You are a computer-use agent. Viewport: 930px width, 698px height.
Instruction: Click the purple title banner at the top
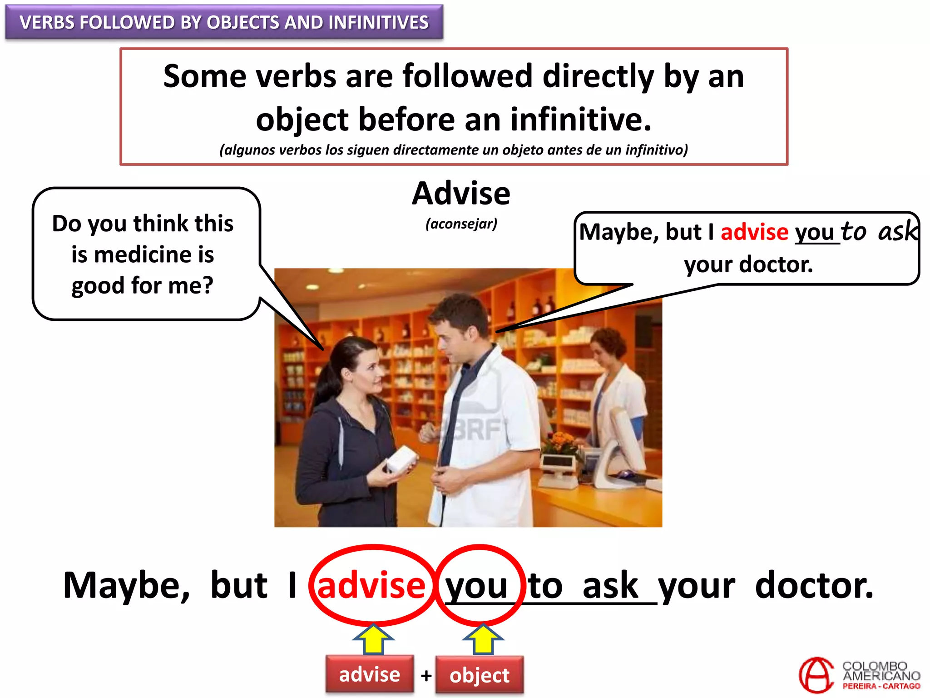click(224, 22)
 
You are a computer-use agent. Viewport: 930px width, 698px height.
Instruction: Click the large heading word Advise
click(461, 194)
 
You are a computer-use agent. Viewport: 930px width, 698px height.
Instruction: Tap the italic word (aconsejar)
click(461, 224)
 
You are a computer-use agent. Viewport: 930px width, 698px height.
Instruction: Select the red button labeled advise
click(370, 674)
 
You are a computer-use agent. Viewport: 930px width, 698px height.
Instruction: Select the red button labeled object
click(479, 675)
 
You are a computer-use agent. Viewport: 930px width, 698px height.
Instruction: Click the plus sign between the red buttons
click(425, 676)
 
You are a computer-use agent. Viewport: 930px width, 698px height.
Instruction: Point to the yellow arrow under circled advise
click(373, 638)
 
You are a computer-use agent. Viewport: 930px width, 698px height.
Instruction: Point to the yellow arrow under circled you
click(483, 638)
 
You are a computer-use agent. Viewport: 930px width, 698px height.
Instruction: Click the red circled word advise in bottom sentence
click(371, 585)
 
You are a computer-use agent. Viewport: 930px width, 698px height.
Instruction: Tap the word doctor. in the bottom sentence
click(814, 585)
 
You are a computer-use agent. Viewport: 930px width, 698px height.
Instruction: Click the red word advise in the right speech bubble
click(754, 232)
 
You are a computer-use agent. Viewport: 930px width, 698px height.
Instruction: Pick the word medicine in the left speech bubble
click(143, 254)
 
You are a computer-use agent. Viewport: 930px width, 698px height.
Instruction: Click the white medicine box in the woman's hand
click(401, 458)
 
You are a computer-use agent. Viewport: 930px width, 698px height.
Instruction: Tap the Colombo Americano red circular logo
click(816, 675)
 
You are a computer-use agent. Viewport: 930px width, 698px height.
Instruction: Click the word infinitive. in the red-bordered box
click(580, 120)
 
